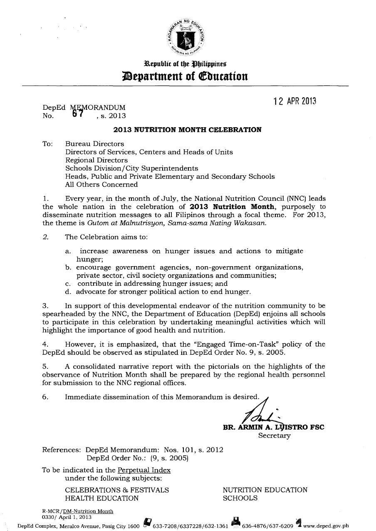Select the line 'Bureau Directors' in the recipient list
tap(94, 144)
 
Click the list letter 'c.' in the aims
tap(69, 284)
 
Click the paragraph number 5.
tap(45, 366)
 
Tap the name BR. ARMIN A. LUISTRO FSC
tap(273, 427)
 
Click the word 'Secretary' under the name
tap(275, 436)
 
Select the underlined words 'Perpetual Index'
tap(144, 470)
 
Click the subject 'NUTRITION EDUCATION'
tap(265, 490)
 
